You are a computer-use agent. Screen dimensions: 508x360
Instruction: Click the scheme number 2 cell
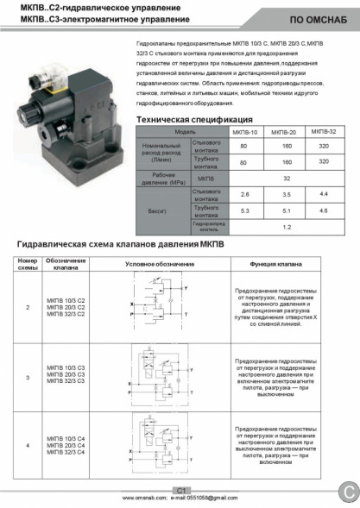click(x=28, y=306)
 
